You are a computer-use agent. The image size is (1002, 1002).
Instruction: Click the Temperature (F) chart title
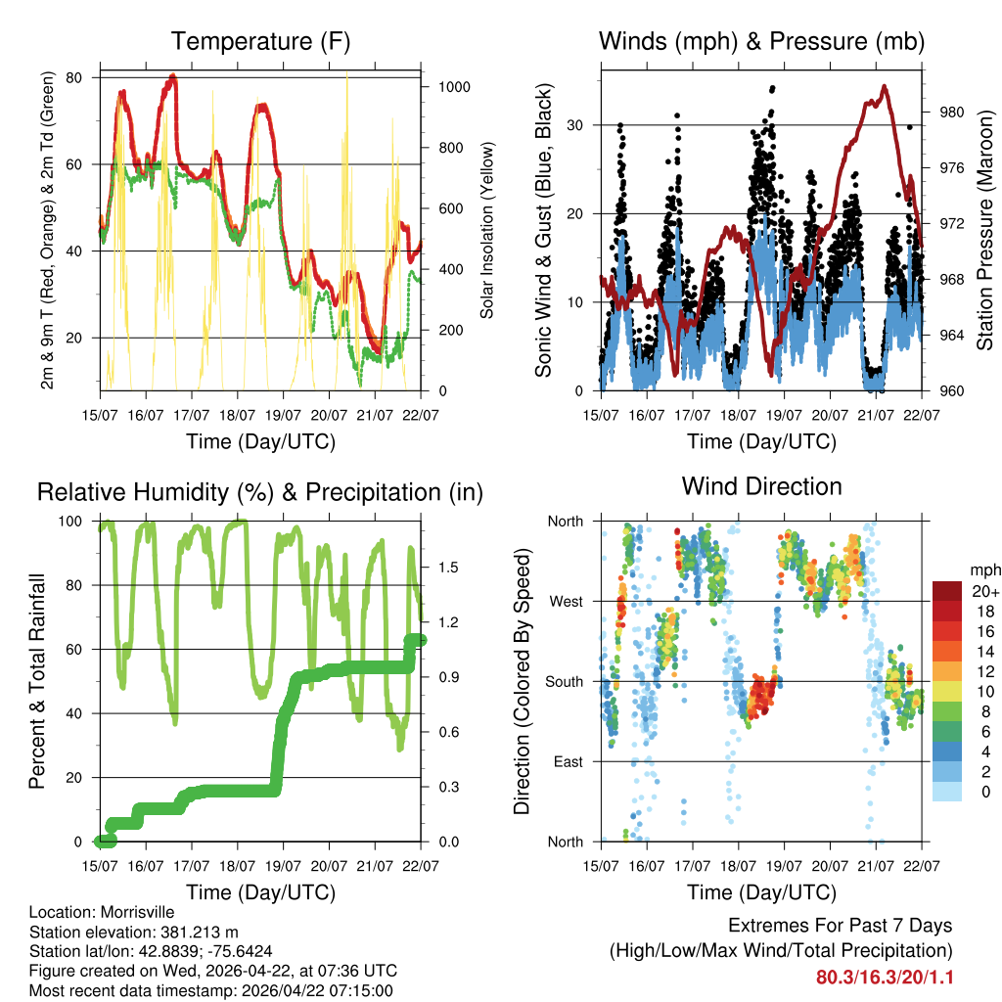click(x=260, y=41)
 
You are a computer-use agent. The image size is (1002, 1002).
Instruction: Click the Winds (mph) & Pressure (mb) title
click(x=761, y=41)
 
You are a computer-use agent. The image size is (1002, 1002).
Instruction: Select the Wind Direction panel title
click(x=761, y=485)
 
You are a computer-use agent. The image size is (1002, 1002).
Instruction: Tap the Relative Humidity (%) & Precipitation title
click(x=260, y=492)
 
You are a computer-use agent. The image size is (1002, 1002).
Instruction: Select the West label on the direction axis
click(x=565, y=601)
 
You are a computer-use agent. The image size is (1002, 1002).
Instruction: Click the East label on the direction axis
click(x=567, y=761)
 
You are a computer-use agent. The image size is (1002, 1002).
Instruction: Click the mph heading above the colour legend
click(x=983, y=569)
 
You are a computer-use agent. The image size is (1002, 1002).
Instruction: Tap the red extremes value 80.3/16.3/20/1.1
click(x=884, y=978)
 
